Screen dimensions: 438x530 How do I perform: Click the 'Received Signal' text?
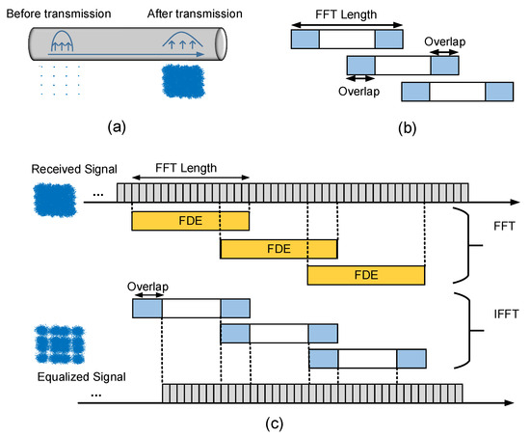[x=61, y=171]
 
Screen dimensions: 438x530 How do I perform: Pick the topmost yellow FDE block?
[x=190, y=221]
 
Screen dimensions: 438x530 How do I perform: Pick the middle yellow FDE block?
[x=278, y=249]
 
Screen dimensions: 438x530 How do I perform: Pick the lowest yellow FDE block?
[x=366, y=276]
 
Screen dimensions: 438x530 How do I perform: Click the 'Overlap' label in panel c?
[x=147, y=287]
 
